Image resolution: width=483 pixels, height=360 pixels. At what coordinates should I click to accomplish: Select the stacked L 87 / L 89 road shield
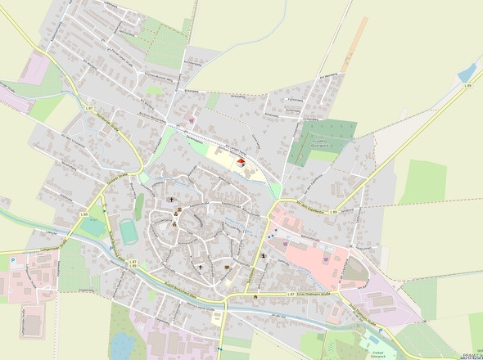coord(133,264)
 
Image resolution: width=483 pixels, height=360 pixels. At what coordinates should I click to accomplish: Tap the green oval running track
coord(129,231)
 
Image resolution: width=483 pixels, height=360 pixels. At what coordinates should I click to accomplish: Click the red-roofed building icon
coord(241,163)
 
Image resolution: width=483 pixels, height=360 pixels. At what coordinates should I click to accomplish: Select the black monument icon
coord(264,256)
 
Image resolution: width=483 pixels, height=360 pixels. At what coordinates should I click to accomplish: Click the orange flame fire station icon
coord(255,295)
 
